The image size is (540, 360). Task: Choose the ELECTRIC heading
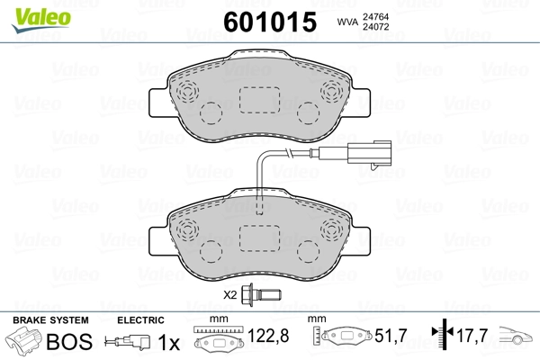139,320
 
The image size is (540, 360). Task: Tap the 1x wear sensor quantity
168,343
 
